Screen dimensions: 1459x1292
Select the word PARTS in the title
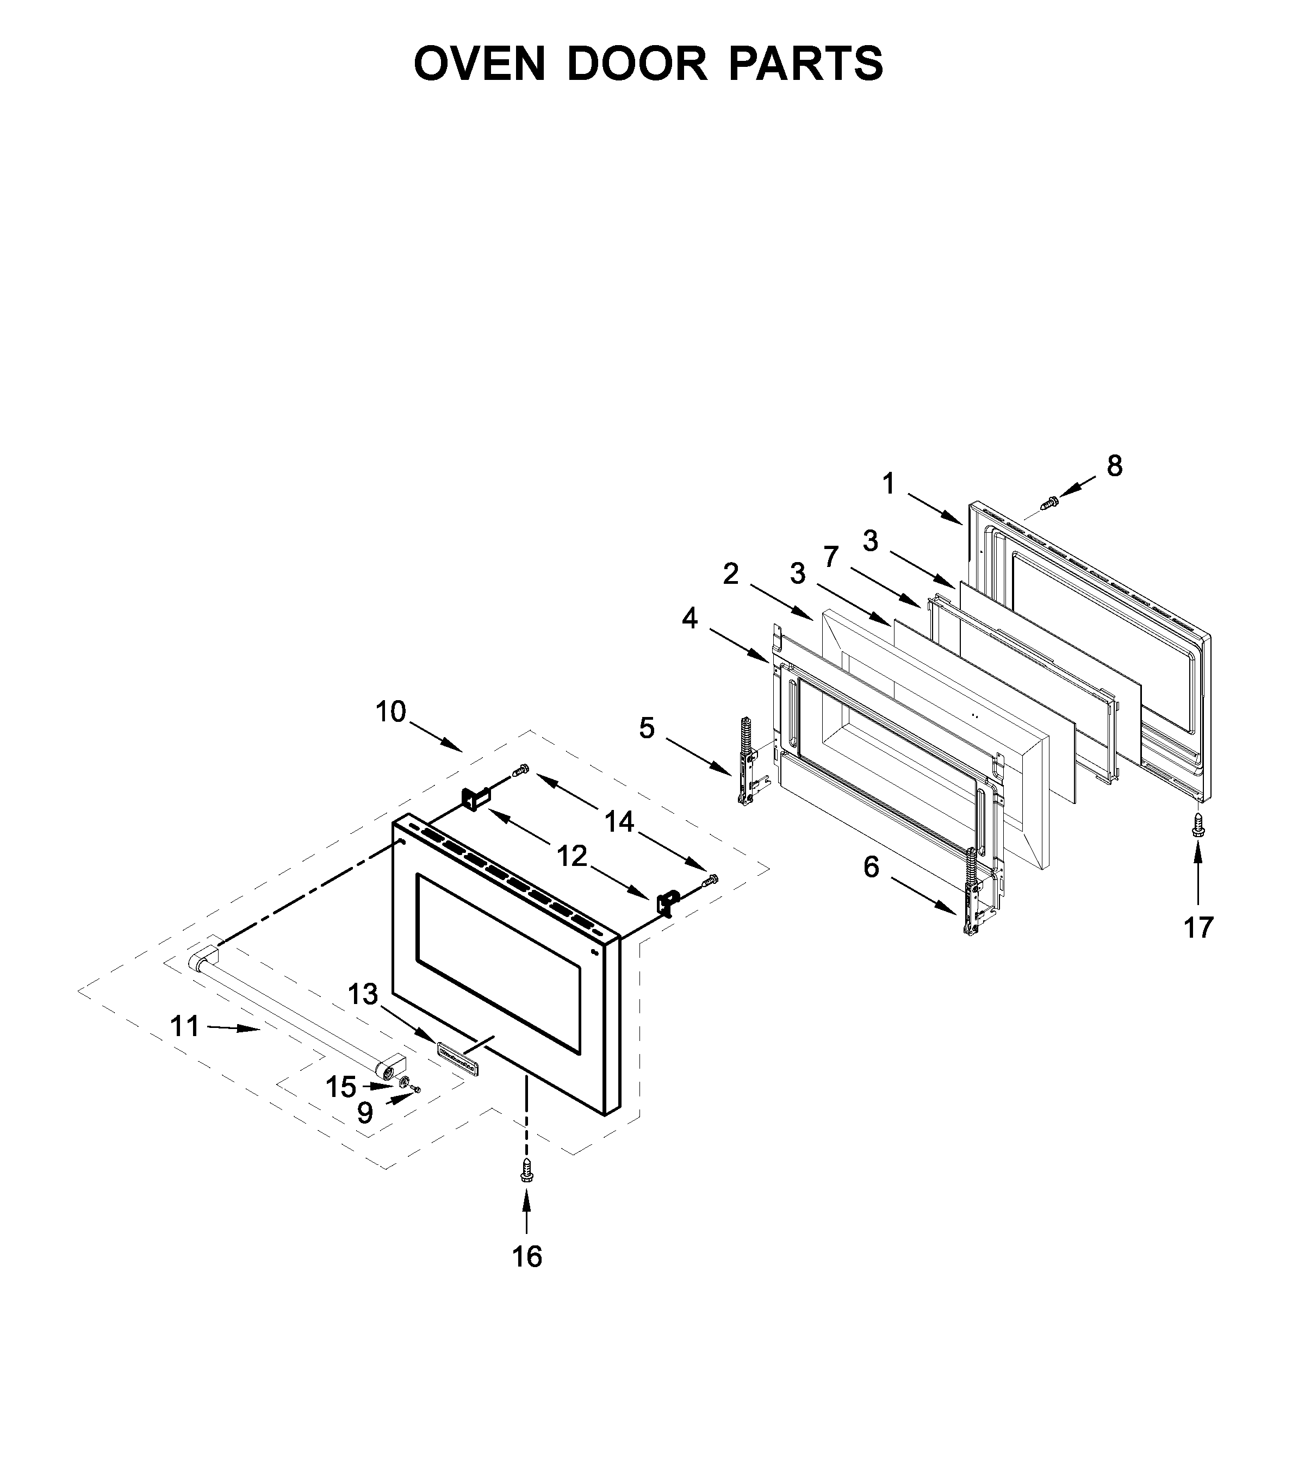pyautogui.click(x=806, y=64)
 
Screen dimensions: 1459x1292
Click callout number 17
pyautogui.click(x=1198, y=927)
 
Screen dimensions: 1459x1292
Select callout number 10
pyautogui.click(x=390, y=712)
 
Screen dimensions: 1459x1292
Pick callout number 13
pyautogui.click(x=363, y=994)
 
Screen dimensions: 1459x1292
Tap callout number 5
pyautogui.click(x=647, y=729)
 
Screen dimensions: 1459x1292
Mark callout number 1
pyautogui.click(x=889, y=485)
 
